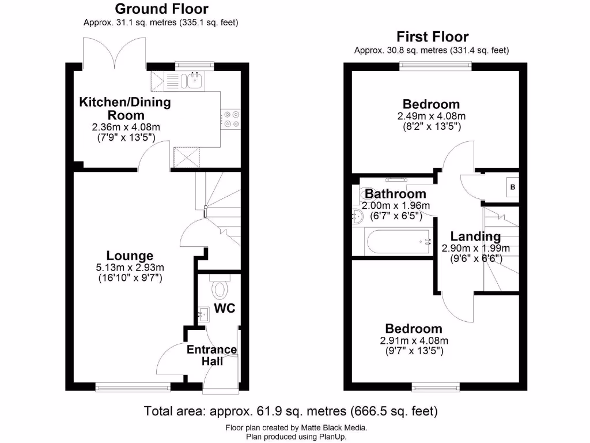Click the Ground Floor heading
click(x=161, y=9)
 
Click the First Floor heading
click(x=432, y=37)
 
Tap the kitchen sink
click(x=194, y=80)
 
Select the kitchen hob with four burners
click(x=232, y=119)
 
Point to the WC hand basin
click(x=203, y=315)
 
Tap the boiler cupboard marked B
click(x=512, y=187)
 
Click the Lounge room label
click(x=130, y=256)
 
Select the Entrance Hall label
click(x=211, y=355)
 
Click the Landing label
click(x=475, y=236)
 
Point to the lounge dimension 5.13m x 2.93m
click(x=130, y=268)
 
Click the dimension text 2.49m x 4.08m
click(x=432, y=116)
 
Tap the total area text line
click(x=290, y=411)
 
